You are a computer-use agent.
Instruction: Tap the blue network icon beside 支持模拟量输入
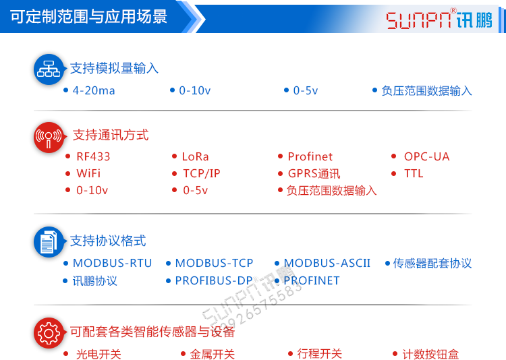pos(49,68)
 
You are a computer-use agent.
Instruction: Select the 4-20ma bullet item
pos(94,90)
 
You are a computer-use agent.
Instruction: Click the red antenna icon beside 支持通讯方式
pos(49,137)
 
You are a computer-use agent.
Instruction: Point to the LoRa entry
pos(195,156)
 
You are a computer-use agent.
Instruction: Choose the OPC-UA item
pos(426,156)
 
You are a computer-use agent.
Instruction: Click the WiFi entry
pos(88,173)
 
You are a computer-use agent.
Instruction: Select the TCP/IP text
pos(201,173)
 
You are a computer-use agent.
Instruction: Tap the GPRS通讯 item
pos(314,173)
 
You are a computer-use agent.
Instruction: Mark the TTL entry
pos(414,173)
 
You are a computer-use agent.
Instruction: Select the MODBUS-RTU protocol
pos(112,263)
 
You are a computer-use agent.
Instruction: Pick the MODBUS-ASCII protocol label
pos(327,263)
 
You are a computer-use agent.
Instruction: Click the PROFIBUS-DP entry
pos(213,280)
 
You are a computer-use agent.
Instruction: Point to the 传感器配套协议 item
pos(432,263)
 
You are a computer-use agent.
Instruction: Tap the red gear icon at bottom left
pos(49,332)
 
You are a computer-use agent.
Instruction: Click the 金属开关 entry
pos(212,354)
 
